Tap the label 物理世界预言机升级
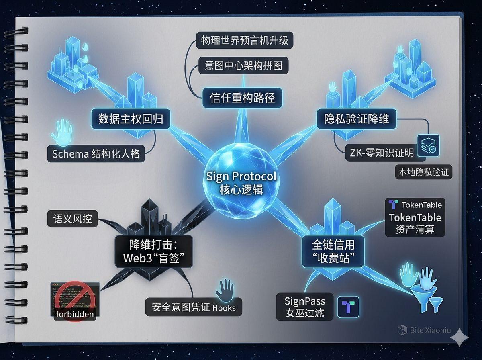pyautogui.click(x=245, y=40)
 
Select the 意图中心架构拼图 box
pyautogui.click(x=244, y=65)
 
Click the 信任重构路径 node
pyautogui.click(x=242, y=98)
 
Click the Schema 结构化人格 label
pyautogui.click(x=96, y=154)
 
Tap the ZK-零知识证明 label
pyautogui.click(x=380, y=153)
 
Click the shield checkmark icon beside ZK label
pyautogui.click(x=428, y=145)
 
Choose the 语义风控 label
pyautogui.click(x=72, y=219)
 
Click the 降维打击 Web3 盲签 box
pyautogui.click(x=154, y=252)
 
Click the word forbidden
pyautogui.click(x=75, y=313)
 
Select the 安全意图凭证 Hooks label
pyautogui.click(x=194, y=307)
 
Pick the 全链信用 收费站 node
pyautogui.click(x=333, y=252)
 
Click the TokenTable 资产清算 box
pyautogui.click(x=415, y=218)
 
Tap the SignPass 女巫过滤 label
pyautogui.click(x=305, y=307)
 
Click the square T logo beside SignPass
pyautogui.click(x=348, y=307)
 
